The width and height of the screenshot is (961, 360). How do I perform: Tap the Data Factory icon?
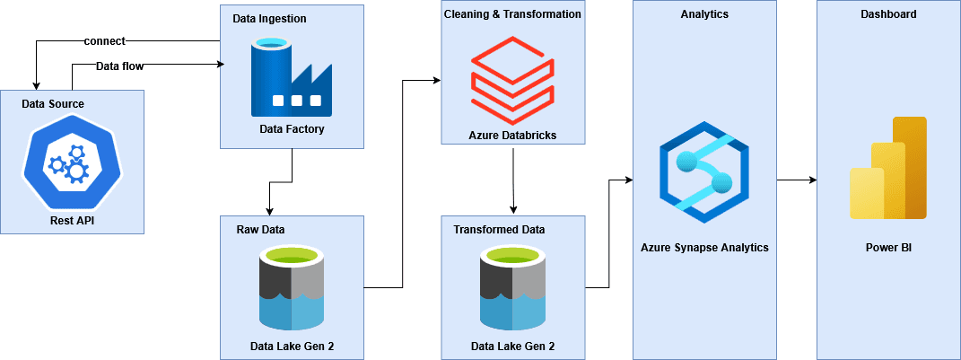pyautogui.click(x=291, y=78)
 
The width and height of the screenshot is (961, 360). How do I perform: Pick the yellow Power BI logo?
pyautogui.click(x=887, y=170)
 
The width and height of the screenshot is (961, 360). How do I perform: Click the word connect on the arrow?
pyautogui.click(x=104, y=40)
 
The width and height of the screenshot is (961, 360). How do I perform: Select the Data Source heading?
pyautogui.click(x=53, y=104)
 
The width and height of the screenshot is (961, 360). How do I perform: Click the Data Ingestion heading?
pyautogui.click(x=269, y=18)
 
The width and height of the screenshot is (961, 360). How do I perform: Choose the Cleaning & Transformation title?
pyautogui.click(x=512, y=14)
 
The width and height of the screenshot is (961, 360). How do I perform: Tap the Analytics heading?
pyautogui.click(x=704, y=14)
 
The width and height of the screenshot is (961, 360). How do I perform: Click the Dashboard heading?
pyautogui.click(x=888, y=14)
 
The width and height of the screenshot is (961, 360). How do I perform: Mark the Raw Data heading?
pyautogui.click(x=259, y=229)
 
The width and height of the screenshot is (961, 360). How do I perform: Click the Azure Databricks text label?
pyautogui.click(x=512, y=135)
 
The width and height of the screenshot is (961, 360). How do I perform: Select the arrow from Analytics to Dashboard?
pyautogui.click(x=796, y=180)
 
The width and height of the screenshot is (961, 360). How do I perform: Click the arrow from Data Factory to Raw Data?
pyautogui.click(x=282, y=179)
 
